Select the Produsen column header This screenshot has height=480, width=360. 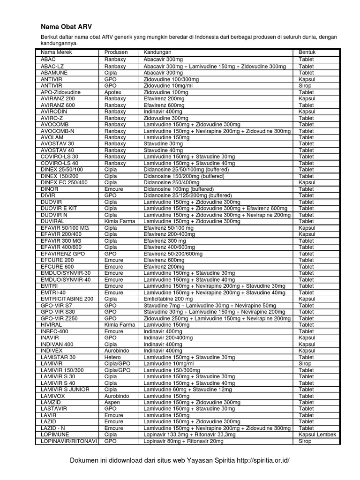(x=116, y=52)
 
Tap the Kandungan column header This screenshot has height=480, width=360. (x=157, y=52)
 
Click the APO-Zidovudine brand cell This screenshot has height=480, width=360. (x=60, y=92)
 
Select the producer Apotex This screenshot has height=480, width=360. (x=112, y=92)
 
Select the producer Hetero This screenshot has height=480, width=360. (x=112, y=357)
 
